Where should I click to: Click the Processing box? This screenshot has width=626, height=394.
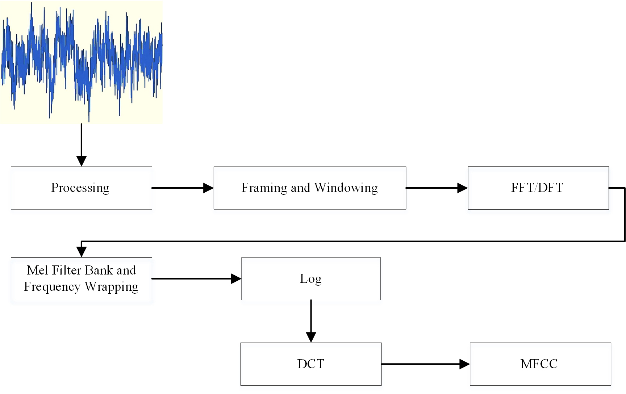[x=81, y=188]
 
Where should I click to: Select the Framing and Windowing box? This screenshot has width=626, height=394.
[x=310, y=188]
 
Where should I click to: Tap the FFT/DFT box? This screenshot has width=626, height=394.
[x=538, y=188]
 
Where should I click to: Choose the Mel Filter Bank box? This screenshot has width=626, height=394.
[x=81, y=278]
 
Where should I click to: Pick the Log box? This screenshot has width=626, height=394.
[x=311, y=278]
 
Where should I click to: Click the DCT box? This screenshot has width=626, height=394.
[x=311, y=364]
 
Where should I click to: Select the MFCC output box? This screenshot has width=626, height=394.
[x=540, y=364]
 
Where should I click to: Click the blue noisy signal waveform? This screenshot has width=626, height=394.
[x=82, y=62]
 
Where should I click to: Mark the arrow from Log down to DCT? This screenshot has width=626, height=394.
[x=311, y=320]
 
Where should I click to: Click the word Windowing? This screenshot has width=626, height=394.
[x=346, y=188]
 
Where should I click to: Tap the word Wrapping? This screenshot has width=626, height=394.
[x=112, y=287]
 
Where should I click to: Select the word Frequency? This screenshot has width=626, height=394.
[x=52, y=287]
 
